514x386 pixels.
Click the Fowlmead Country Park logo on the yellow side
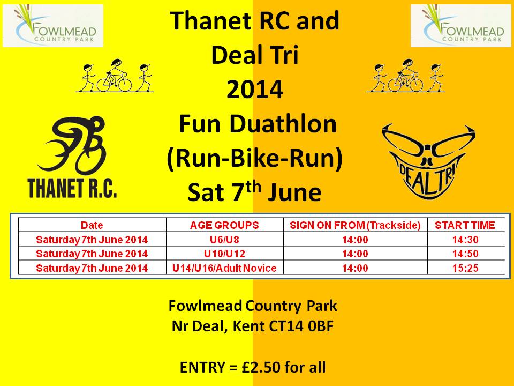pos(53,26)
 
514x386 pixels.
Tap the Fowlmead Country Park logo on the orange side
pos(460,26)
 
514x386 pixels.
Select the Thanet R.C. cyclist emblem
pos(73,157)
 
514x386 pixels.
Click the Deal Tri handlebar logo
pos(429,161)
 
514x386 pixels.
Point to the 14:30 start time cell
pos(465,240)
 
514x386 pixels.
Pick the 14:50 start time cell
pos(465,254)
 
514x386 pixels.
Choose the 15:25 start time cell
pos(465,268)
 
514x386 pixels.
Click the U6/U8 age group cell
pos(224,240)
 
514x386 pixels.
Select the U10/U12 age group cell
pos(224,254)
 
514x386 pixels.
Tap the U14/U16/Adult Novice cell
pos(224,268)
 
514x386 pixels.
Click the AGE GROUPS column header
pos(224,225)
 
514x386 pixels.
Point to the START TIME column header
pos(465,225)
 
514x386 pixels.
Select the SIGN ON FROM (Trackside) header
pos(356,225)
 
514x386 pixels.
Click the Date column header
pos(92,225)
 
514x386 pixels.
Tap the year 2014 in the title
pos(255,90)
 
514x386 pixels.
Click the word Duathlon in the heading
pos(283,124)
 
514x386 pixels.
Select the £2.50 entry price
pos(261,367)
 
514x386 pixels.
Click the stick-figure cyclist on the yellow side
pos(115,76)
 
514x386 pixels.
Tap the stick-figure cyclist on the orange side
pos(406,76)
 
